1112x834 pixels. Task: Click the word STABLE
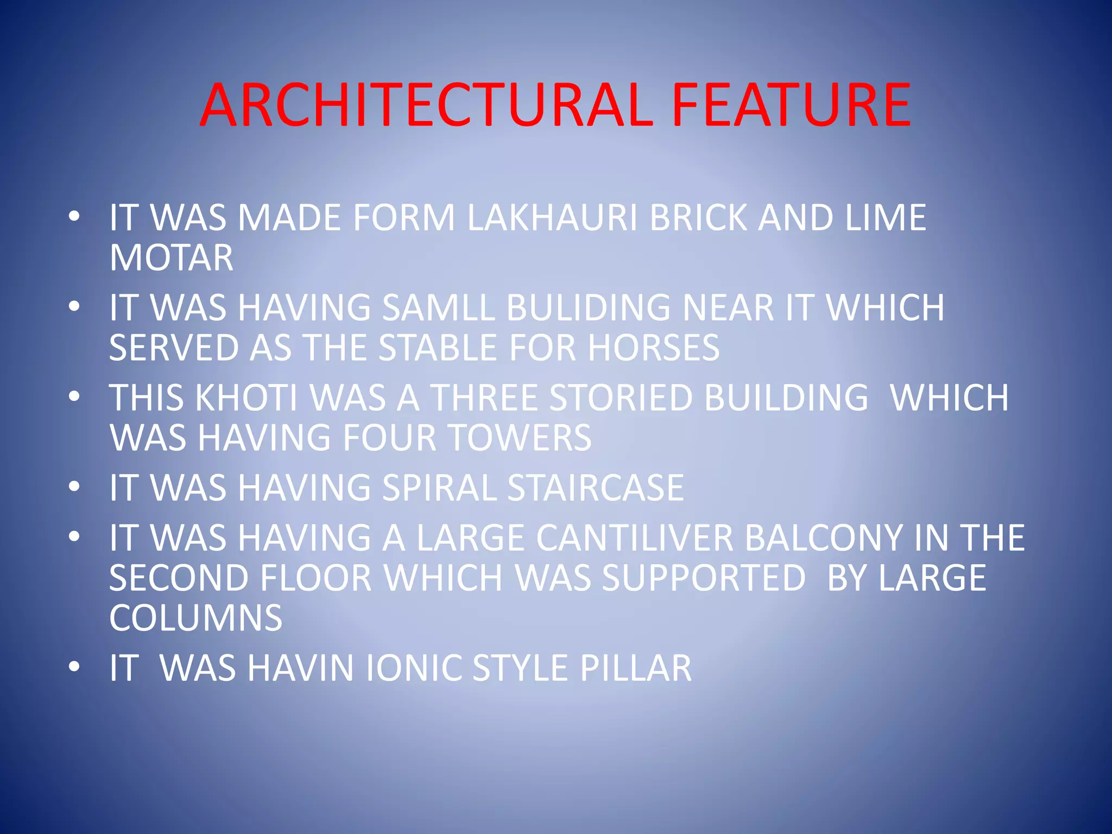pos(438,347)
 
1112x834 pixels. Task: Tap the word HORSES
pos(654,347)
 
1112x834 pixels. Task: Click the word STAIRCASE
pos(595,488)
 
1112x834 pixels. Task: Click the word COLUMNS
pos(195,618)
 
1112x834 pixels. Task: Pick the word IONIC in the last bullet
pos(414,668)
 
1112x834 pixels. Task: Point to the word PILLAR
pos(636,668)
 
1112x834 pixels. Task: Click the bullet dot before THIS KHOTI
pos(74,396)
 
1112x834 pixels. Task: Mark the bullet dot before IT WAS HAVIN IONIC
pos(74,666)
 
